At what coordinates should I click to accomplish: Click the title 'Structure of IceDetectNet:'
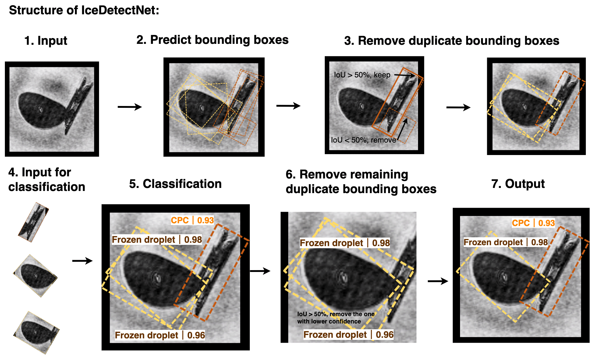point(84,10)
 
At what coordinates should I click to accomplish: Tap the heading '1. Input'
point(46,41)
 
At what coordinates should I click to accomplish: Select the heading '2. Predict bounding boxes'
point(212,40)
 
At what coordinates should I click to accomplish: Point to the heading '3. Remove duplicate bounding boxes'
point(452,41)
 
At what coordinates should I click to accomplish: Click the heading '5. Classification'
point(175,184)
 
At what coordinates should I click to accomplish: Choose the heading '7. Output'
point(518,184)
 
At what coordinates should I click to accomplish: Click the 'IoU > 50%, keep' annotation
point(362,75)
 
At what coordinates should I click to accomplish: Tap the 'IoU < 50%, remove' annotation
point(363,140)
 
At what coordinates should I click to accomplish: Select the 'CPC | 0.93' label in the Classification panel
point(192,220)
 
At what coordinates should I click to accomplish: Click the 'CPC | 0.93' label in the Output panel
point(533,223)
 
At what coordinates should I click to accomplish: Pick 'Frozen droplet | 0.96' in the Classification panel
point(160,335)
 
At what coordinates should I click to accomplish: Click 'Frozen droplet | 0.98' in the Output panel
point(505,242)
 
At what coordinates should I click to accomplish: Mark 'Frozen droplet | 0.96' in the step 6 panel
point(348,335)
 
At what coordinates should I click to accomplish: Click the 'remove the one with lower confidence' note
point(336,318)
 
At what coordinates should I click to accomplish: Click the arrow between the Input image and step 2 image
point(129,107)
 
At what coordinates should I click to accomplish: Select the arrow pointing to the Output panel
point(437,281)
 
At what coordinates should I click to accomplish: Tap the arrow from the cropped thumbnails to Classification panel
point(82,261)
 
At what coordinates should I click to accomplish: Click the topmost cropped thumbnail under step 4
point(33,222)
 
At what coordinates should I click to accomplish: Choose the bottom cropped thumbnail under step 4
point(37,332)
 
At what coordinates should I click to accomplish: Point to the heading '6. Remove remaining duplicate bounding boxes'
point(361,182)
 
